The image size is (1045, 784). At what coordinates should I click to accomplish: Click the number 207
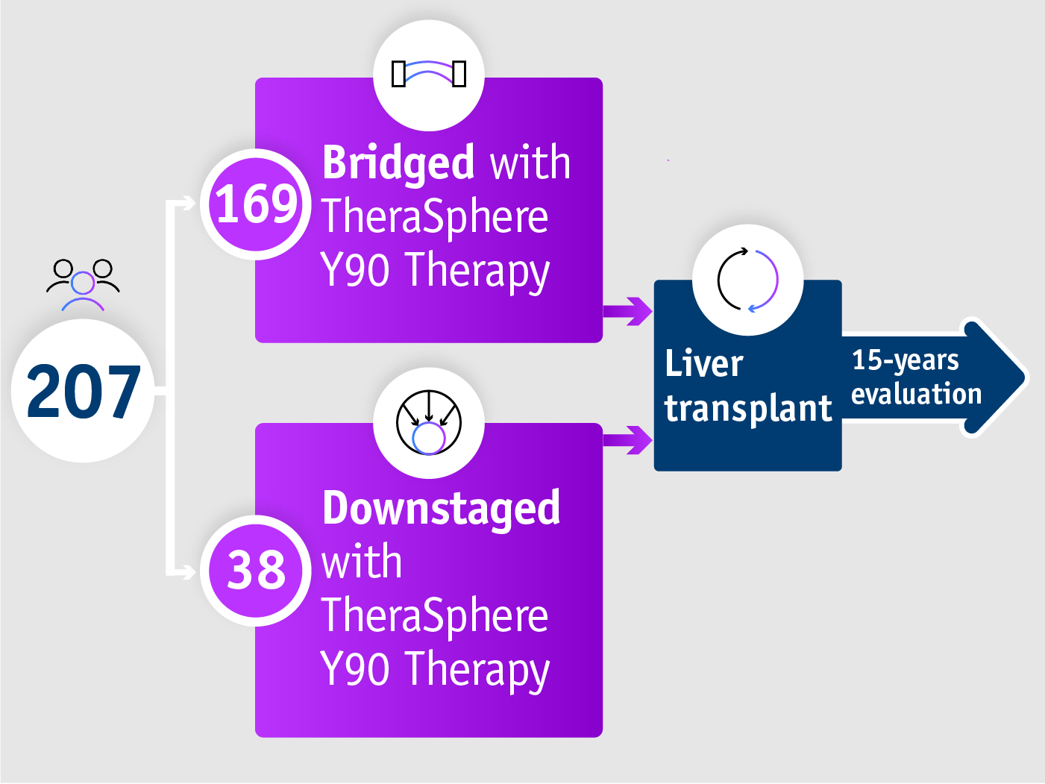click(x=83, y=391)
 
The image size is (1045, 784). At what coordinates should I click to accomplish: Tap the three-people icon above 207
click(x=83, y=284)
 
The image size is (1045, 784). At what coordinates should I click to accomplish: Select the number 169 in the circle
click(x=256, y=204)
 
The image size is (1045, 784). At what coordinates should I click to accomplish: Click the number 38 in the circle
click(x=256, y=570)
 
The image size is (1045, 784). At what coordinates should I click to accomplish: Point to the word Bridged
click(x=398, y=163)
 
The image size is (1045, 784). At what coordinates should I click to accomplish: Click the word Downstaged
click(x=441, y=509)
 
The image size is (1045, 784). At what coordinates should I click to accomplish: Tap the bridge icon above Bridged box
click(x=429, y=74)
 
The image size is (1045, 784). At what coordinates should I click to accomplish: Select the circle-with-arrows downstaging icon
click(x=429, y=423)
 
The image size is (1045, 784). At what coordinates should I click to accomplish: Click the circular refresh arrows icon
click(x=747, y=280)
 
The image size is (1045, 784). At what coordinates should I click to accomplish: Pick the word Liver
click(x=703, y=364)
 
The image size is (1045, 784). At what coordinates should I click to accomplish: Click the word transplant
click(x=747, y=409)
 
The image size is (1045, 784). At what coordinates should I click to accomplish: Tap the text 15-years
click(x=905, y=360)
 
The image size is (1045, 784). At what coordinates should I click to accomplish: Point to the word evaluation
click(x=916, y=394)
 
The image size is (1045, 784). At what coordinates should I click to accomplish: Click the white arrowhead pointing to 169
click(x=186, y=203)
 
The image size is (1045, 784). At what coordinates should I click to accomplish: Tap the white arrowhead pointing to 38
click(x=186, y=571)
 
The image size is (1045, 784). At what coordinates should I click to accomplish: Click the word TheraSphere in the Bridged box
click(x=434, y=217)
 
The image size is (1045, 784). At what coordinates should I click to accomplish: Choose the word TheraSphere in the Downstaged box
click(x=434, y=616)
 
